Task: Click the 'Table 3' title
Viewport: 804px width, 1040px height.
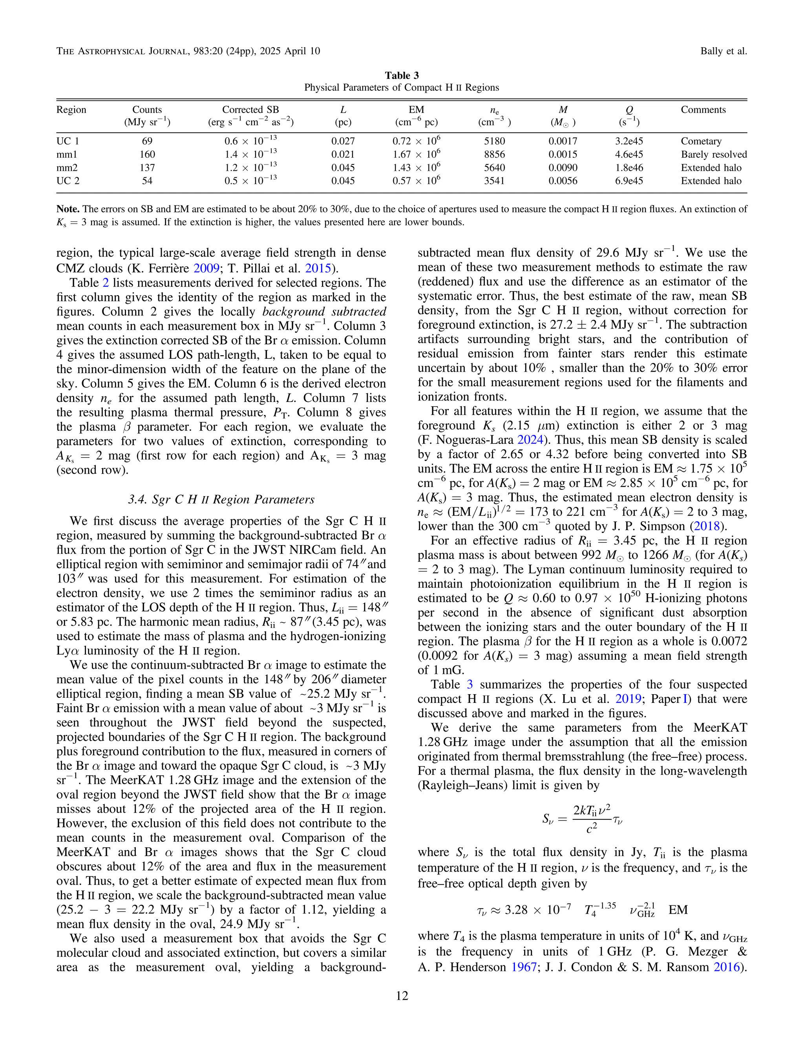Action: tap(402, 75)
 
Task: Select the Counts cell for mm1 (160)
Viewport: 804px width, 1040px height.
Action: tap(147, 154)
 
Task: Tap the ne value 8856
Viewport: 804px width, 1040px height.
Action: tap(494, 154)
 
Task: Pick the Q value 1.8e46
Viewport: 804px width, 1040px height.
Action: tap(629, 168)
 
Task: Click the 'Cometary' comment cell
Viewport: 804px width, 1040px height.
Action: tap(701, 141)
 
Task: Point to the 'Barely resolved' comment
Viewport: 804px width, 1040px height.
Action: tap(713, 154)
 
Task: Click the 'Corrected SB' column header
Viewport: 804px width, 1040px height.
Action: tap(250, 109)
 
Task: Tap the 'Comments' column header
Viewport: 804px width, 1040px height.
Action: tap(703, 109)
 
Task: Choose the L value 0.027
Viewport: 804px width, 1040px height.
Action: tap(343, 141)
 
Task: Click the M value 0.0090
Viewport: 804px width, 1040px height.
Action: tap(563, 168)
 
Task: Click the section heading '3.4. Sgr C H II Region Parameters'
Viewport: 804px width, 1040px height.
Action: tap(221, 500)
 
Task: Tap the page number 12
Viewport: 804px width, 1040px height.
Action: tap(402, 996)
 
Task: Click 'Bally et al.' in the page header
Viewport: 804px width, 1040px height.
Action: tap(723, 51)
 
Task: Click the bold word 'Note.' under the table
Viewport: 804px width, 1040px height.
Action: tap(68, 209)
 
